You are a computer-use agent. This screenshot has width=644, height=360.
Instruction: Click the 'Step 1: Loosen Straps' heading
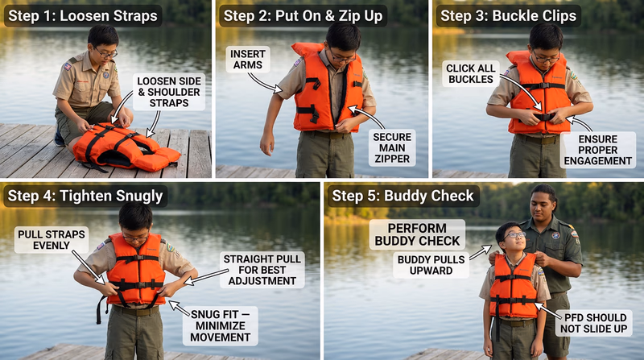(x=82, y=15)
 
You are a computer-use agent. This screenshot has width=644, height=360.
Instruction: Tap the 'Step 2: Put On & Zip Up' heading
(x=302, y=15)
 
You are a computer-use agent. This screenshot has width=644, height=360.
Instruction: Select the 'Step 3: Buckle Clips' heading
(x=509, y=15)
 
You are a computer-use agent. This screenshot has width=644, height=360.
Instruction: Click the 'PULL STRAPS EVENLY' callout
(x=46, y=240)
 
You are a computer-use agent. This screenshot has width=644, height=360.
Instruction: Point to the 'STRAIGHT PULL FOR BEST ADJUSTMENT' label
(x=262, y=270)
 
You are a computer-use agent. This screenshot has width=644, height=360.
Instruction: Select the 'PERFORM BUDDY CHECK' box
(x=417, y=234)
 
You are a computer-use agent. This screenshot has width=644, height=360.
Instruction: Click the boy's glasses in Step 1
(x=105, y=52)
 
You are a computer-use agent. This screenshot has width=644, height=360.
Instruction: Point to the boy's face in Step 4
(x=135, y=222)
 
